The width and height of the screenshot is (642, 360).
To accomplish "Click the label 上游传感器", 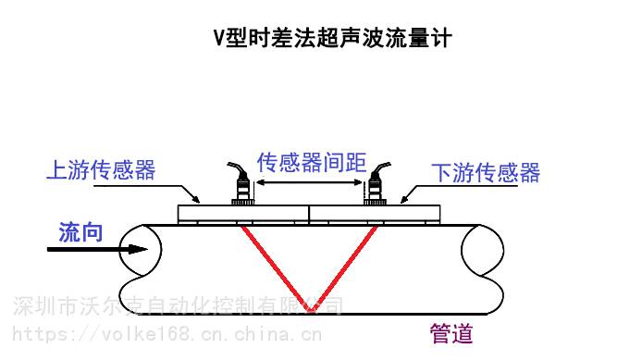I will pos(101,170).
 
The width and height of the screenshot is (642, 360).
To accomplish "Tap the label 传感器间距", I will pos(311,163).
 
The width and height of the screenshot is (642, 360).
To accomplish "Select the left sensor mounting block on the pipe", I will pos(242,214).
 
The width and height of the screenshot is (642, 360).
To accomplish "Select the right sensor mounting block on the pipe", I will pos(375,214).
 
